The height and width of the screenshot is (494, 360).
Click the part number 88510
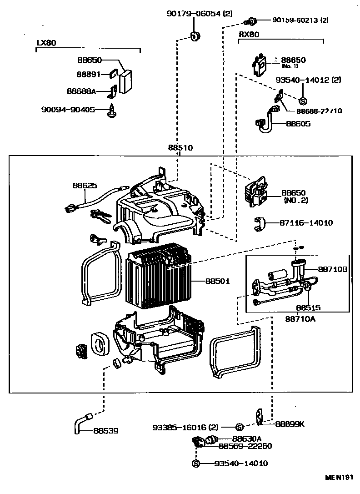pyautogui.click(x=180, y=148)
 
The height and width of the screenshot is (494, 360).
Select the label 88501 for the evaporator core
pyautogui.click(x=217, y=282)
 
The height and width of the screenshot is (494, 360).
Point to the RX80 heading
pyautogui.click(x=249, y=35)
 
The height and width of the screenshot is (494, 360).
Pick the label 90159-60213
pyautogui.click(x=295, y=20)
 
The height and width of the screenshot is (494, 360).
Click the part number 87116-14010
pyautogui.click(x=306, y=223)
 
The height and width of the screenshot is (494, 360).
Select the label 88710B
pyautogui.click(x=333, y=269)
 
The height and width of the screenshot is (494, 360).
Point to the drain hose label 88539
pyautogui.click(x=106, y=430)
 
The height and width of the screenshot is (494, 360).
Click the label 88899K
pyautogui.click(x=290, y=424)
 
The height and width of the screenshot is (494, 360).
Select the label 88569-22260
pyautogui.click(x=245, y=446)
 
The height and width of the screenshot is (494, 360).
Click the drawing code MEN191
pyautogui.click(x=339, y=478)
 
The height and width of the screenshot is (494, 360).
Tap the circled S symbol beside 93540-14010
pyautogui.click(x=196, y=464)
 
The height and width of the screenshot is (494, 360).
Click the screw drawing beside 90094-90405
pyautogui.click(x=111, y=111)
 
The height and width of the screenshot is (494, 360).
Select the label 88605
pyautogui.click(x=299, y=123)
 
